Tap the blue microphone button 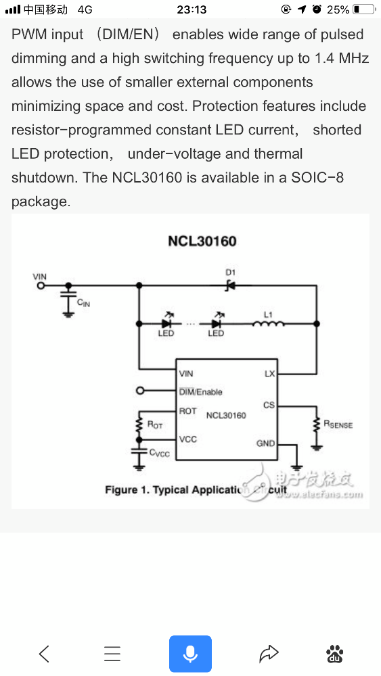tap(190, 654)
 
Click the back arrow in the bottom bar tap(44, 654)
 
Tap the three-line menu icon tap(112, 654)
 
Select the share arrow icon tap(269, 654)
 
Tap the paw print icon tap(335, 654)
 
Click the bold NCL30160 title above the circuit tap(202, 241)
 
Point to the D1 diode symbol tap(230, 285)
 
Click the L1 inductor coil tap(269, 323)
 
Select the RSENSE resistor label tap(338, 425)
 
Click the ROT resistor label tap(155, 425)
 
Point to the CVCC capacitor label tap(159, 453)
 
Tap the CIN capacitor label tap(83, 303)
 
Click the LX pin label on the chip tap(269, 374)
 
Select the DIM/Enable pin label tap(200, 392)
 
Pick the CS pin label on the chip tap(269, 405)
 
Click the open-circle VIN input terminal tap(41, 285)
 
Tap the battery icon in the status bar tap(363, 9)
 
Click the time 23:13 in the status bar tap(192, 9)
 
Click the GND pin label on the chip tap(265, 443)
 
